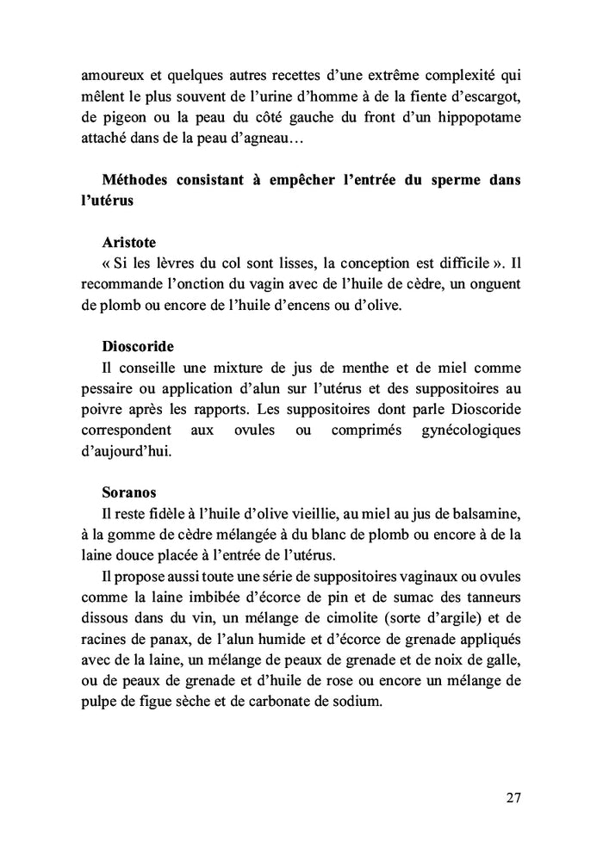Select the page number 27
[x=513, y=796]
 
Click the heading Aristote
[x=128, y=242]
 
